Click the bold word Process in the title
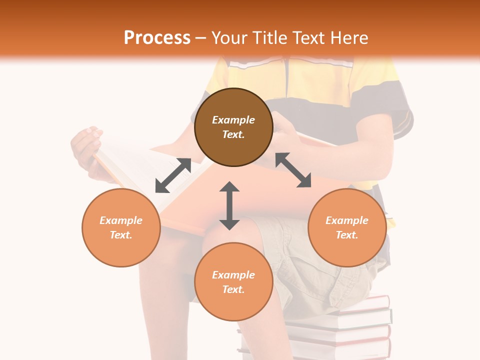pos(157,38)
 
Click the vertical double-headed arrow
pos(229,205)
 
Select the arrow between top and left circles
pos(173,175)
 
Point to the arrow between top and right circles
pos(293,170)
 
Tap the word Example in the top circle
pos(233,120)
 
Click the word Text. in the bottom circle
pos(233,289)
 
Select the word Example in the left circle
pos(121,220)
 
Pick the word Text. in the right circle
pos(347,235)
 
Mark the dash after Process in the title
pos(200,38)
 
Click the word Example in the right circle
pos(347,220)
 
